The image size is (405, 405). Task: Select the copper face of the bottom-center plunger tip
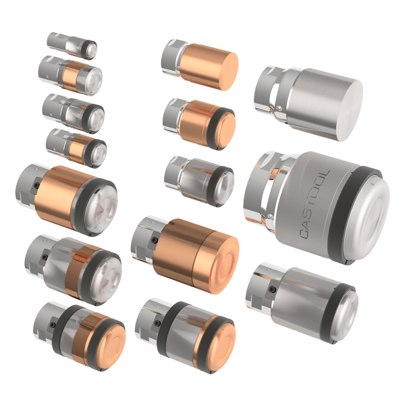(218, 340)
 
